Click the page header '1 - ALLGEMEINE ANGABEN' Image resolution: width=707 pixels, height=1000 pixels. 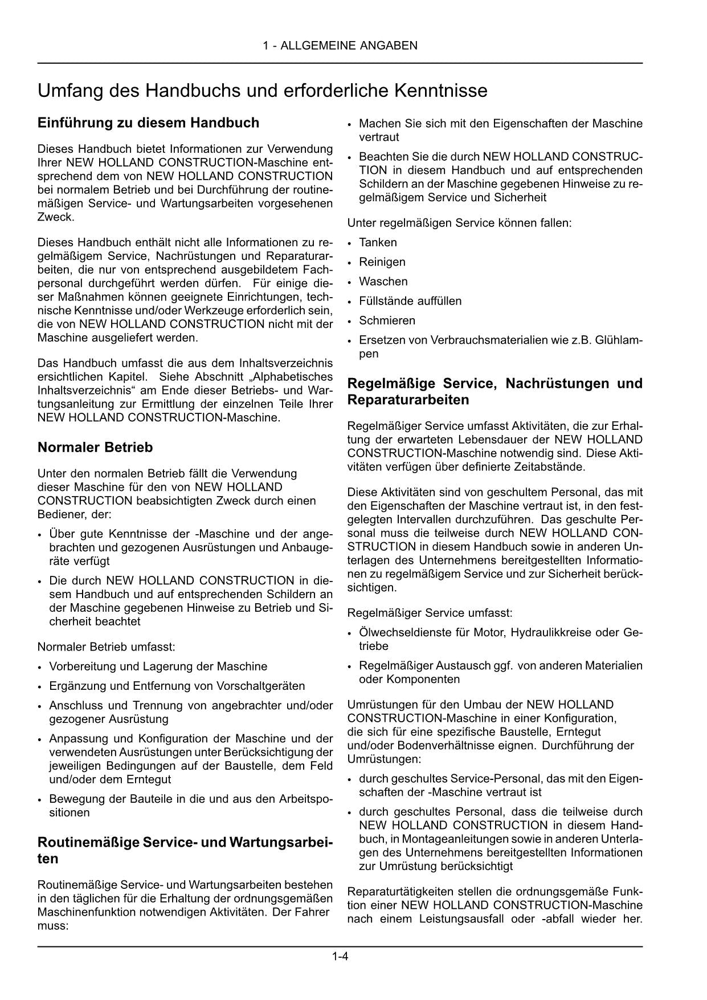click(340, 46)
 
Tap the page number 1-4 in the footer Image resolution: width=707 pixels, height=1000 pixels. click(340, 957)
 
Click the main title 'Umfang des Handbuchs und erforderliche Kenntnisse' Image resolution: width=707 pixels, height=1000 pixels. click(262, 91)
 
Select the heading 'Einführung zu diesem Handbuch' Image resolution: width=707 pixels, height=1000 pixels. click(148, 123)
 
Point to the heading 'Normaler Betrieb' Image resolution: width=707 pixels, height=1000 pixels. click(95, 448)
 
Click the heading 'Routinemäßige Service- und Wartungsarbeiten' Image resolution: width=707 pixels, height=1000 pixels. click(185, 850)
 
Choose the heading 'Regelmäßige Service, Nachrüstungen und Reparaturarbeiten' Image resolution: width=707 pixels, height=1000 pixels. click(495, 391)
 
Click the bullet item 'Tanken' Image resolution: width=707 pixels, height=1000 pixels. click(378, 242)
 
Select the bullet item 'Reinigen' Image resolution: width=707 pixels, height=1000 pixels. click(382, 262)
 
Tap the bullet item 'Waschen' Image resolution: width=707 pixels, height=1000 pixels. click(383, 282)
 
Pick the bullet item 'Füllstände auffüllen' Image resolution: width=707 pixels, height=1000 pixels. click(410, 301)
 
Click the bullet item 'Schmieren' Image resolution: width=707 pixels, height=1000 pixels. click(387, 320)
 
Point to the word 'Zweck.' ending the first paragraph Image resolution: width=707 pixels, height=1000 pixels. click(56, 217)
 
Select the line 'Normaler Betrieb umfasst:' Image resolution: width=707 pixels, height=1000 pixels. click(107, 647)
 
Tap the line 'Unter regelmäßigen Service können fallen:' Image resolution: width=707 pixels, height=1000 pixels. click(459, 223)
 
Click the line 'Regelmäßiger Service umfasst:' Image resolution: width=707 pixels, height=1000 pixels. click(430, 613)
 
